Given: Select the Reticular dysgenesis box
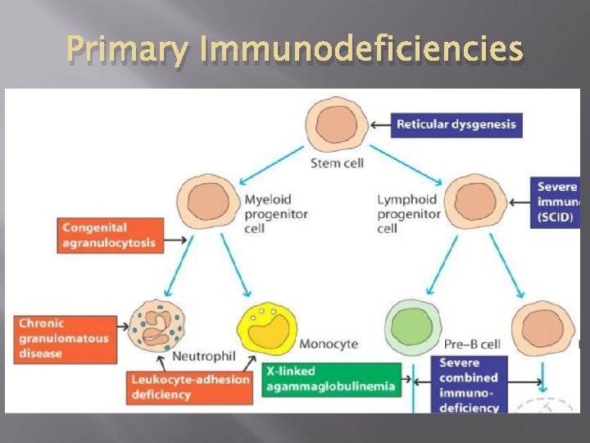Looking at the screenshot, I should (456, 125).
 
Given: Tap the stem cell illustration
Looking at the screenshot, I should (336, 124).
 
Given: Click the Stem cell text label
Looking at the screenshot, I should (337, 163).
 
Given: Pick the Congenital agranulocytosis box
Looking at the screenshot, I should (107, 235).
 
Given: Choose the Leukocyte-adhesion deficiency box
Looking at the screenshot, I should (190, 387).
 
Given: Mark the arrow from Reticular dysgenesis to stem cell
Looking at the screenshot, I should (379, 126).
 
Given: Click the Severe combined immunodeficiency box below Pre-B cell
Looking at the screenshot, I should (470, 384).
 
